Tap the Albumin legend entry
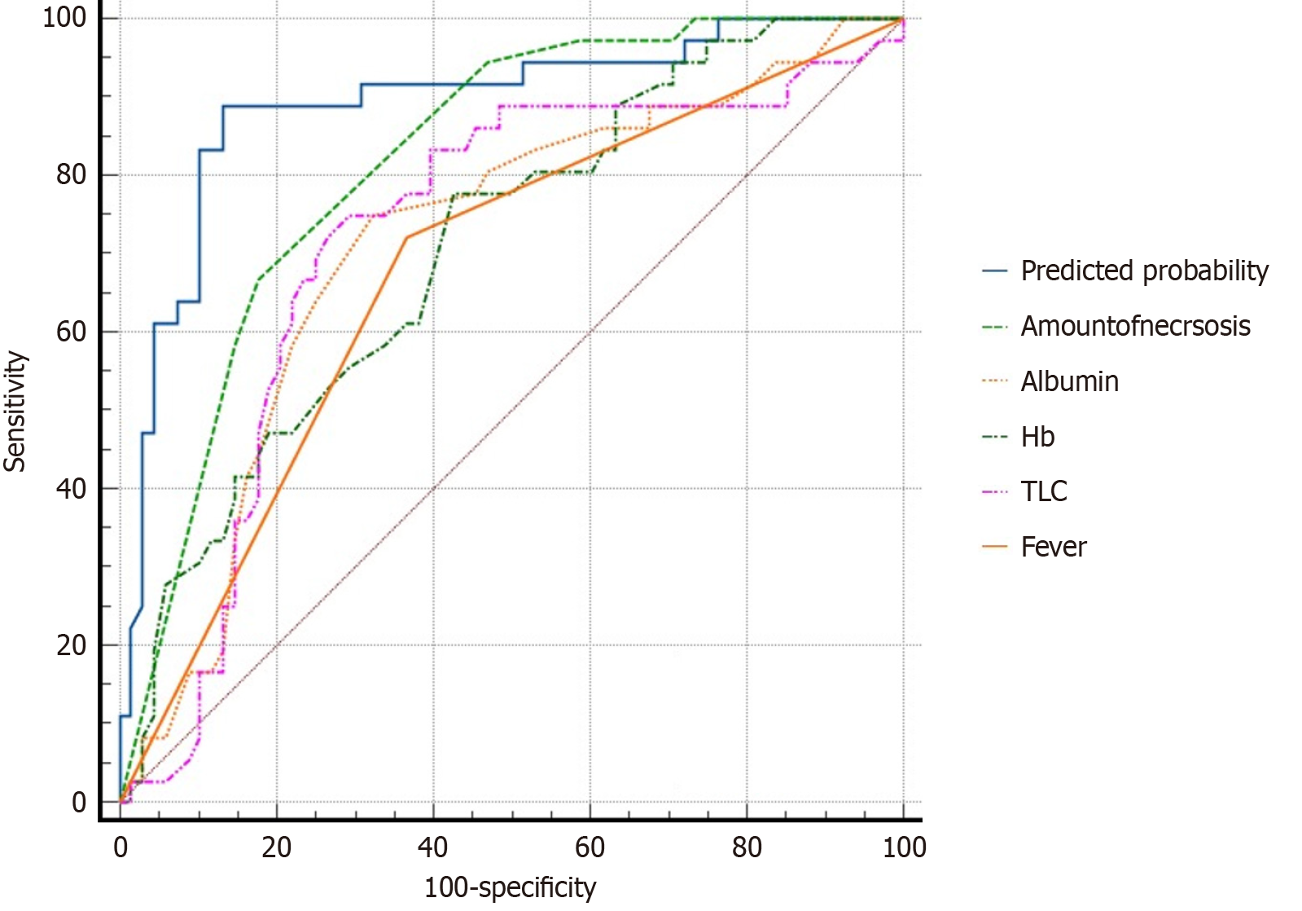pyautogui.click(x=1069, y=382)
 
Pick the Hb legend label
pyautogui.click(x=1037, y=438)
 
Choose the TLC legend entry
pyautogui.click(x=1043, y=492)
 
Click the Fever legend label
pyautogui.click(x=1053, y=548)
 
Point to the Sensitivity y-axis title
pyautogui.click(x=15, y=411)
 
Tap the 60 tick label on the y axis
pyautogui.click(x=72, y=332)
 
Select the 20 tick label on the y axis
pyautogui.click(x=72, y=645)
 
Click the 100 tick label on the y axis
pyautogui.click(x=64, y=18)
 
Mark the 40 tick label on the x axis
pyautogui.click(x=433, y=847)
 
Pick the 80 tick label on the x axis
pyautogui.click(x=747, y=847)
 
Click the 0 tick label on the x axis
pyautogui.click(x=121, y=847)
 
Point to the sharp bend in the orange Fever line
pyautogui.click(x=406, y=237)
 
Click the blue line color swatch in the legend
pyautogui.click(x=995, y=271)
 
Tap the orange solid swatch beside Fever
pyautogui.click(x=995, y=548)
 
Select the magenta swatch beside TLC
pyautogui.click(x=995, y=492)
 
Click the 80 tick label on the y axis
pyautogui.click(x=72, y=175)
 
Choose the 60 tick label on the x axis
pyautogui.click(x=590, y=847)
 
